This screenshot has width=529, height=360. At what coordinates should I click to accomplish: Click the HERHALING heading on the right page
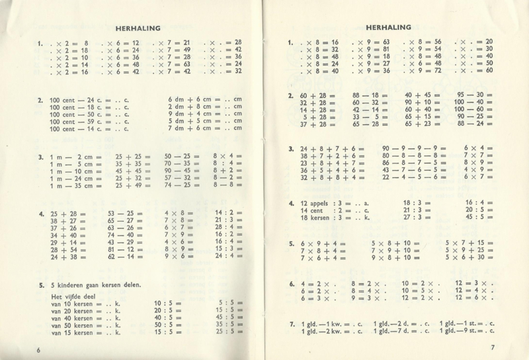click(388, 28)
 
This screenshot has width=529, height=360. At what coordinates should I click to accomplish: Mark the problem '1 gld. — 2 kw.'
click(327, 331)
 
